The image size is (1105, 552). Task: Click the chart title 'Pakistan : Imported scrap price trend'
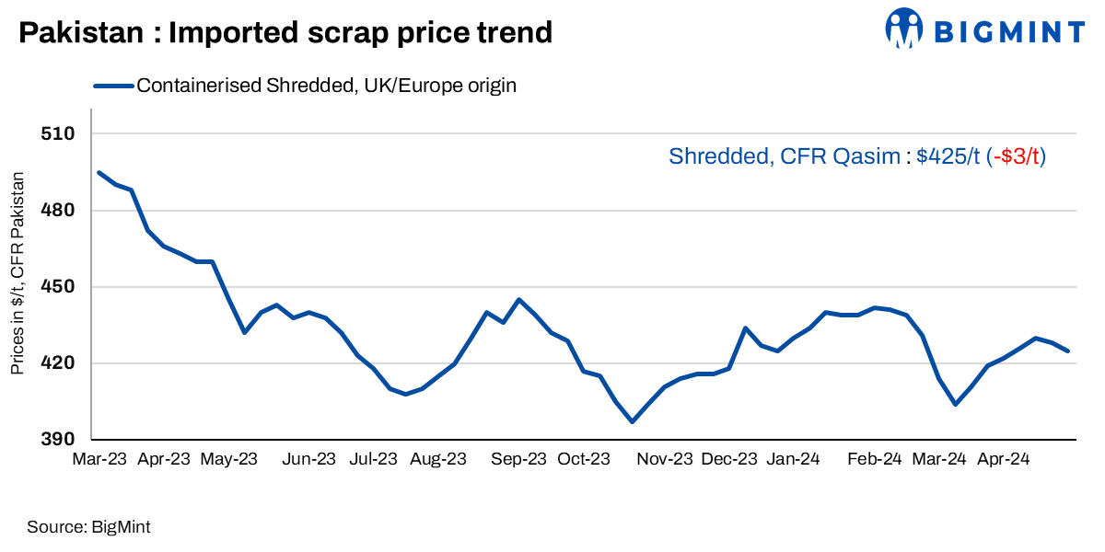(285, 34)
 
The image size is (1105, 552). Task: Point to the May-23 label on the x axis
(228, 458)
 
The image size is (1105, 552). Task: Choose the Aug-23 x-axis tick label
(437, 458)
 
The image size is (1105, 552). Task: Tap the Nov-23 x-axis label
(665, 458)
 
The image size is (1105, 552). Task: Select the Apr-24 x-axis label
(1004, 458)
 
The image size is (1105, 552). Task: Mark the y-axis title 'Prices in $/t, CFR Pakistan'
(17, 272)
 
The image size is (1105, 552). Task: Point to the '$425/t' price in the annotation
(948, 156)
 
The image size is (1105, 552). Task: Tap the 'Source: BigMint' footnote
(88, 527)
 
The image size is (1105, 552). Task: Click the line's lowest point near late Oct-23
(632, 421)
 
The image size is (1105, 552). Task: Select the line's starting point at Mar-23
(99, 172)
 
